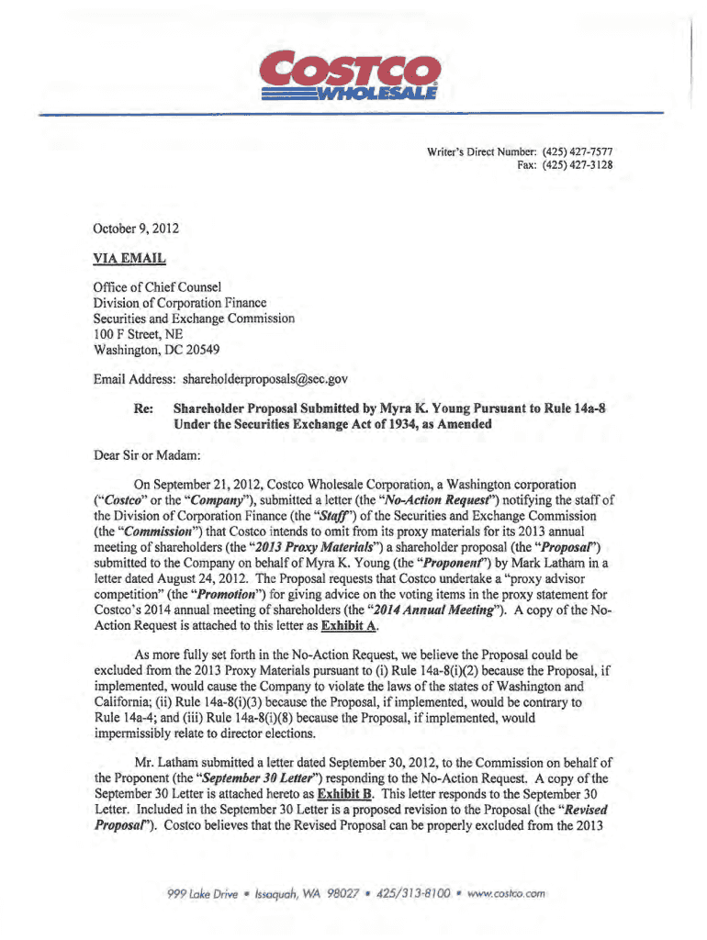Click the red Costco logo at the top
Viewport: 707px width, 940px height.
(x=349, y=70)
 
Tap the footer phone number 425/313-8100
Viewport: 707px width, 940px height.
(x=412, y=891)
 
